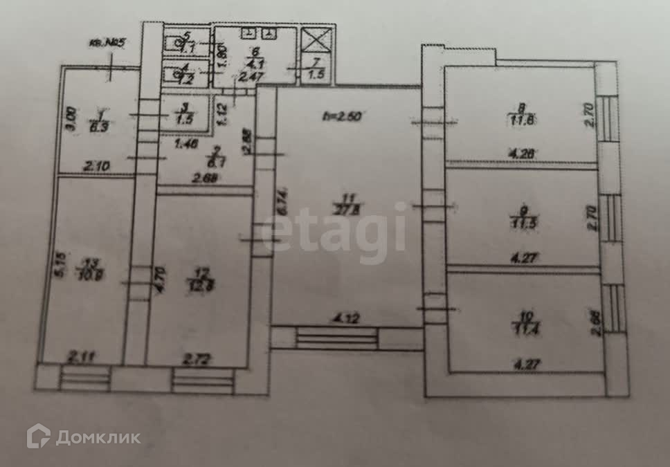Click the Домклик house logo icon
point(38,436)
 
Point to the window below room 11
point(337,339)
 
